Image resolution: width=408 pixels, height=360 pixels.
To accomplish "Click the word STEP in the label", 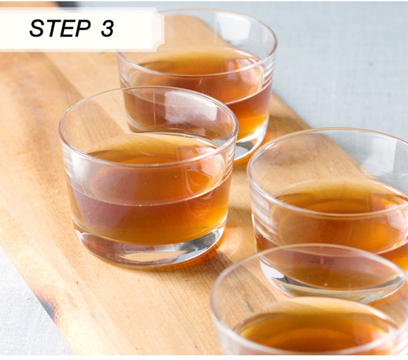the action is coord(60,28).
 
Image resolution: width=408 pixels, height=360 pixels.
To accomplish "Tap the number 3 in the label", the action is coord(107,28).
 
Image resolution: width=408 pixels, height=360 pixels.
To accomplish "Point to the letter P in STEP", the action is coord(83,28).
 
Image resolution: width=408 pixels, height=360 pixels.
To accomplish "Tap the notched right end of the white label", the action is coord(160,29).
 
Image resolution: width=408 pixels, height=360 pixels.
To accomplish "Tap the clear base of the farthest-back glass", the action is coord(248,148).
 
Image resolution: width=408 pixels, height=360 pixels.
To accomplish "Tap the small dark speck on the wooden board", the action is coord(77,283).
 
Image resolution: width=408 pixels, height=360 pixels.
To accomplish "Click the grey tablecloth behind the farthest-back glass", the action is coord(338,65).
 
